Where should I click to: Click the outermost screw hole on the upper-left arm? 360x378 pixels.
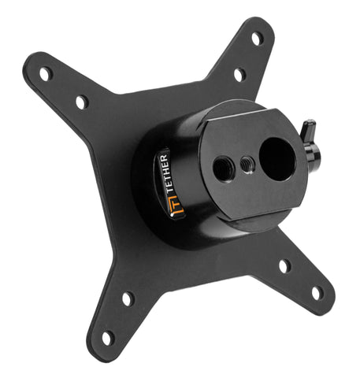pos(46,74)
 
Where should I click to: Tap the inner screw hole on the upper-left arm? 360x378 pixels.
pos(82,102)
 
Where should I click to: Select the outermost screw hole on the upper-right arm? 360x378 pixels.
pos(257,39)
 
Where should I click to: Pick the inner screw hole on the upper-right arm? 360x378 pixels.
pos(239,75)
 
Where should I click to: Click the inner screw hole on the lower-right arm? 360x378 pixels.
pos(284,266)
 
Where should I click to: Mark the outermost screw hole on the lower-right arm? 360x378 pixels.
pos(317,293)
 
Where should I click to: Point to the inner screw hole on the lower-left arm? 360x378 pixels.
pos(128,298)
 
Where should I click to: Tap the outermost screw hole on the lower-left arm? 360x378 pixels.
pos(108,338)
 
